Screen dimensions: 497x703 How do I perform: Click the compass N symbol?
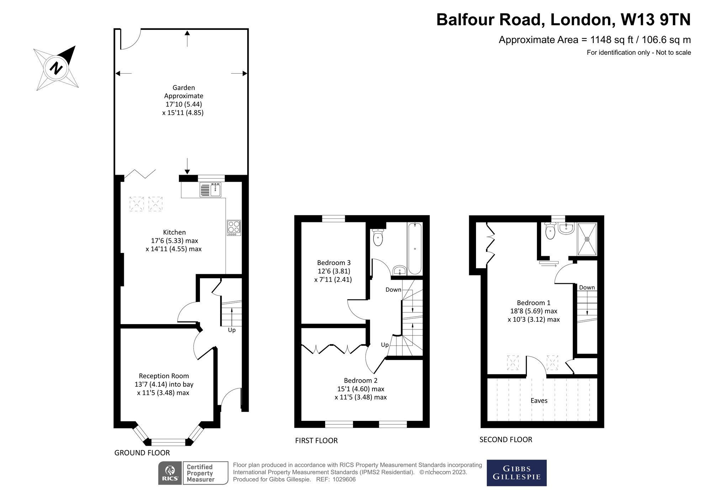point(56,68)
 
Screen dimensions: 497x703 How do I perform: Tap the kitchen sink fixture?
point(211,190)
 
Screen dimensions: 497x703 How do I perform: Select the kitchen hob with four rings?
point(234,228)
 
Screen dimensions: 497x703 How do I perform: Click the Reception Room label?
point(164,376)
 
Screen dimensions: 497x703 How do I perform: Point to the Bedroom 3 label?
point(334,263)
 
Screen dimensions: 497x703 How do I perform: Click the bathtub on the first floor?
point(414,248)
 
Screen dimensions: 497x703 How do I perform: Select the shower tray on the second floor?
point(587,239)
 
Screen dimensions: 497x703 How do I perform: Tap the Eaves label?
point(539,401)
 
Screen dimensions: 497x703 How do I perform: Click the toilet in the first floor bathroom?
point(378,238)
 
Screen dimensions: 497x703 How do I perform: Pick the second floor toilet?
point(550,232)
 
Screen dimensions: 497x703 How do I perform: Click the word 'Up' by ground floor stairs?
point(232,330)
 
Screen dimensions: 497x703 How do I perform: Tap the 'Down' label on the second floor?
point(587,287)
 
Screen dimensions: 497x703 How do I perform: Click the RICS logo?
point(170,473)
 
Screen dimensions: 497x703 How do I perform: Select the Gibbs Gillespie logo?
point(516,473)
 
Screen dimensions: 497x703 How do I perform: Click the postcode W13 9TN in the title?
point(655,20)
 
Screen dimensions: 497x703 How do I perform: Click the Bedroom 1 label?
point(533,303)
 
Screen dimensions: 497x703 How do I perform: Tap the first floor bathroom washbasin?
point(400,271)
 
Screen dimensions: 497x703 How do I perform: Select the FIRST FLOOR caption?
point(316,441)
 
